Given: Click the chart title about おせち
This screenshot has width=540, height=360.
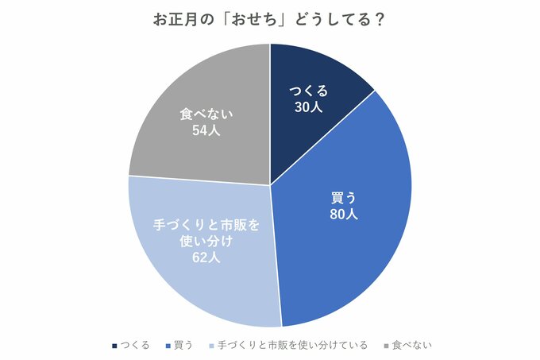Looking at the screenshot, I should (269, 20).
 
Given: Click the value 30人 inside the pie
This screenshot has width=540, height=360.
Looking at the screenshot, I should (308, 106).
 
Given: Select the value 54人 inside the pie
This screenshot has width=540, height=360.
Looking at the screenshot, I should (206, 130).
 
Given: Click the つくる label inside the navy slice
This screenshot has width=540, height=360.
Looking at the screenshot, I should (308, 91).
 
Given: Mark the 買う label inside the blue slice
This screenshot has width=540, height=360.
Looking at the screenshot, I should (343, 196).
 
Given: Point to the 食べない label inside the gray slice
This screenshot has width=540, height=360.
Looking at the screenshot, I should (206, 114).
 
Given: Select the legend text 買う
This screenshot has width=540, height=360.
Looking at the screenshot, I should (183, 345).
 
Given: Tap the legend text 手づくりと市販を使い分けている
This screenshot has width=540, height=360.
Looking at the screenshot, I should (292, 345).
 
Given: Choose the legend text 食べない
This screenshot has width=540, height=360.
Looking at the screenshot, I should (411, 345).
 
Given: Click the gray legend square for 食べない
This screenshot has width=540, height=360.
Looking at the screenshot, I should (387, 346).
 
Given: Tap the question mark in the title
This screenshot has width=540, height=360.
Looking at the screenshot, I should (380, 20).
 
